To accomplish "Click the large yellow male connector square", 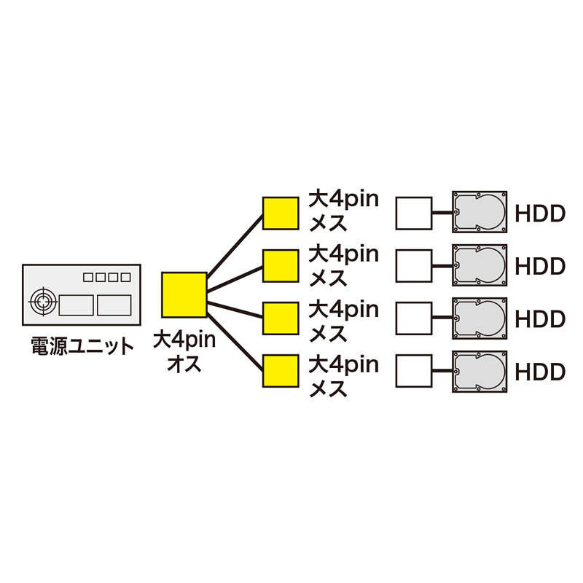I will click(184, 294).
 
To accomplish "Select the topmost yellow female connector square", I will click(281, 214).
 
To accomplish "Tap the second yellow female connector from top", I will click(281, 266).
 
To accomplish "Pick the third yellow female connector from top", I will click(281, 318).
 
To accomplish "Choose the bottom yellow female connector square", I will click(281, 372).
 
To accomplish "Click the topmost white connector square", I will click(413, 214).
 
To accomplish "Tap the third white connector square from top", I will click(413, 318).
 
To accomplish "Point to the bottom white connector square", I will click(413, 372).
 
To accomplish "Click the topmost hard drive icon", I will click(479, 213).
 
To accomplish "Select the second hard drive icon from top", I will click(479, 265).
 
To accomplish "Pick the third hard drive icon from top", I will click(479, 318).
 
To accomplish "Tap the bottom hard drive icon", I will click(479, 372).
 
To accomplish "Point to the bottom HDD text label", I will click(540, 372).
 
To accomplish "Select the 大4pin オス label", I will click(184, 351).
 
